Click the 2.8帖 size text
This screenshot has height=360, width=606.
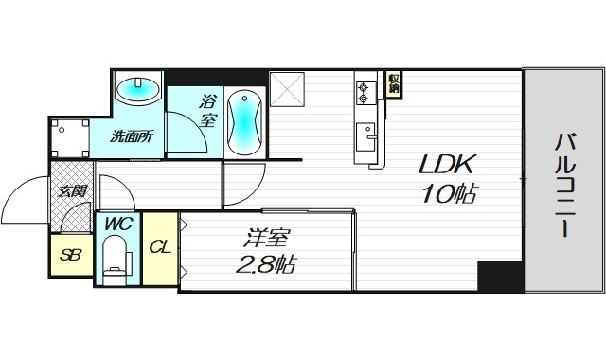click(x=264, y=264)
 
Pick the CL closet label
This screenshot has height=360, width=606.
click(x=160, y=247)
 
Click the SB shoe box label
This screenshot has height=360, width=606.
click(x=71, y=255)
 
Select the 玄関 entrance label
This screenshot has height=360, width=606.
click(x=73, y=191)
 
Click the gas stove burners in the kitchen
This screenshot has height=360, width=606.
click(x=365, y=93)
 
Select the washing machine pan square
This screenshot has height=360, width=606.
click(x=70, y=135)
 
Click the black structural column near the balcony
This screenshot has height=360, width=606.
click(x=499, y=278)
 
